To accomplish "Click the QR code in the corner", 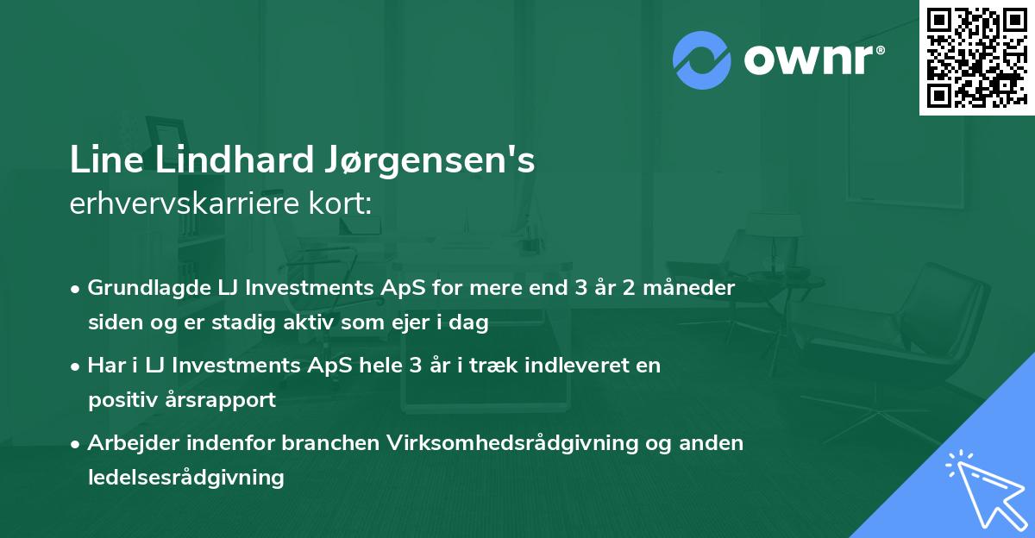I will coord(976,57).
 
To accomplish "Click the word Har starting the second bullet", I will coord(104,365).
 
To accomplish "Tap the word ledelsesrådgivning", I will coord(185,477).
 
